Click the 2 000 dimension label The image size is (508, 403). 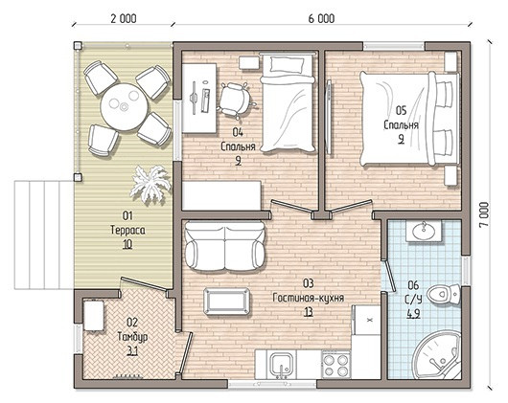coord(124,19)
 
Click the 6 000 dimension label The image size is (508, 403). coord(321,19)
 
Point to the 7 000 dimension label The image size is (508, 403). coord(484,214)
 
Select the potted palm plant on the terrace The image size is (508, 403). coord(150,185)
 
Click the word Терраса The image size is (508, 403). coord(128,230)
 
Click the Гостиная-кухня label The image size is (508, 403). coord(308,298)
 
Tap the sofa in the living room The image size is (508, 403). coord(225,246)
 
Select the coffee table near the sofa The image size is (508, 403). coord(227,302)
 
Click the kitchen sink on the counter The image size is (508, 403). coord(282,365)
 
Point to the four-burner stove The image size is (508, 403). coord(335,365)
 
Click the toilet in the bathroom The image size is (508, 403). coord(444,294)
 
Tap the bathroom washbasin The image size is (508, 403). coord(424,231)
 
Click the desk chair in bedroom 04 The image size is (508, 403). coord(236,100)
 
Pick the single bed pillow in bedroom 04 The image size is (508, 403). coord(288,64)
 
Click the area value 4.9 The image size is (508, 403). coord(413,314)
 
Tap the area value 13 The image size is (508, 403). coord(308,312)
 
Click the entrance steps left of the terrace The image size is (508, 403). coord(44,235)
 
